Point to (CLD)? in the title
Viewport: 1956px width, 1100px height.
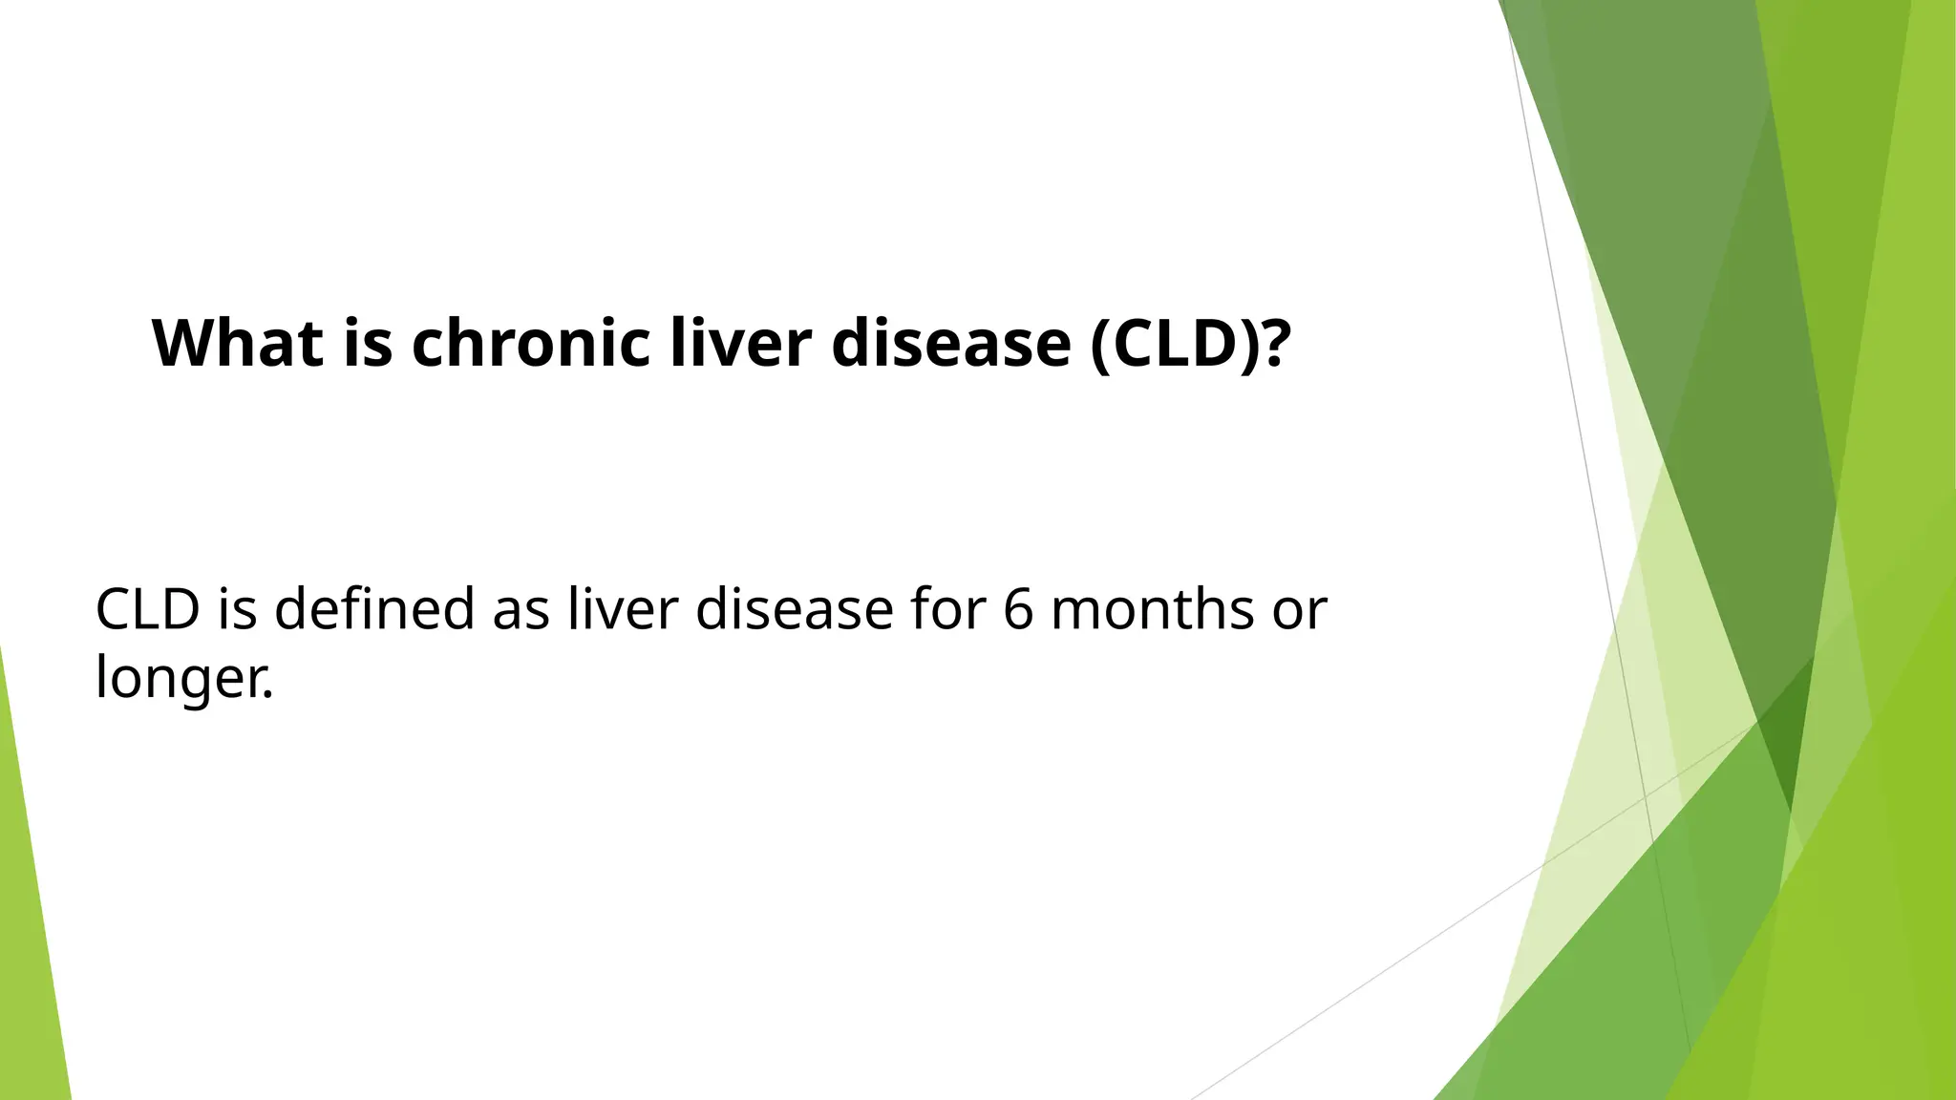click(1190, 343)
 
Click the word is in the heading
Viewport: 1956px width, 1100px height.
click(367, 343)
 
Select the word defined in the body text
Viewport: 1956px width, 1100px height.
click(374, 609)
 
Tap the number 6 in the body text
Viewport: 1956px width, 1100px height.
click(1019, 609)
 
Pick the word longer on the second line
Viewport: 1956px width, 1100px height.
click(178, 680)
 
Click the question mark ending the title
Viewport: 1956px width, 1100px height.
click(1275, 343)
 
